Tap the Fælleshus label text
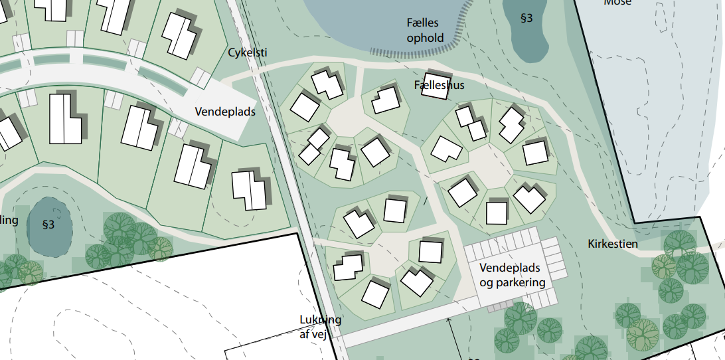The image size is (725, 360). click(x=439, y=85)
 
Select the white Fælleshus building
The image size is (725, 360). click(x=436, y=86)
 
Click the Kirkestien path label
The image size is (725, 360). click(x=613, y=244)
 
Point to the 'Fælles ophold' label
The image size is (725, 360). click(x=425, y=31)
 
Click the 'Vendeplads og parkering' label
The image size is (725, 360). click(x=512, y=275)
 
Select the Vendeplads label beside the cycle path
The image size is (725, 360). click(x=225, y=112)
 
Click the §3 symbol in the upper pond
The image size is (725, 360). click(x=526, y=19)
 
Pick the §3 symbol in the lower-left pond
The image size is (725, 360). click(x=48, y=225)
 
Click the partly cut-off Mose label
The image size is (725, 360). click(x=617, y=3)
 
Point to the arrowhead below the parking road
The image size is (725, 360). click(x=449, y=321)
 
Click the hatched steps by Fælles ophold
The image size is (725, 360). click(x=412, y=52)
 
